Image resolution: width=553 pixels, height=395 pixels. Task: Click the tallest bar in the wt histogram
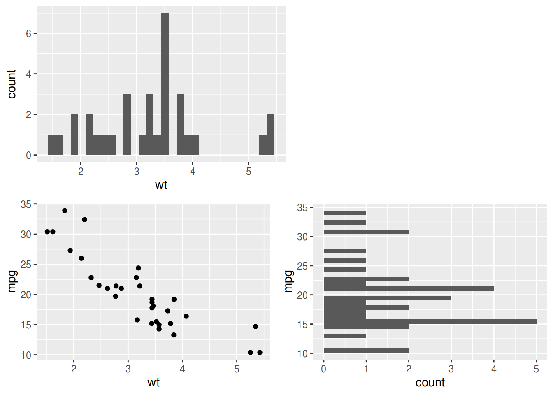pyautogui.click(x=165, y=84)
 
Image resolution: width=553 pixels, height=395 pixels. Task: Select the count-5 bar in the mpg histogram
pyautogui.click(x=430, y=322)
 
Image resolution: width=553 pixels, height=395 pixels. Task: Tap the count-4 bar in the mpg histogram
pyautogui.click(x=409, y=288)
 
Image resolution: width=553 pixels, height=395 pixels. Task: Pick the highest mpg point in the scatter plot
pyautogui.click(x=65, y=211)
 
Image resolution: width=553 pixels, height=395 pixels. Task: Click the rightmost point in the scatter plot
pyautogui.click(x=260, y=352)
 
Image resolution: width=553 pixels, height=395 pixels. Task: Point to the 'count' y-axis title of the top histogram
pyautogui.click(x=12, y=84)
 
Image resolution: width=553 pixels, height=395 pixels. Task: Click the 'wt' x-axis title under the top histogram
pyautogui.click(x=161, y=185)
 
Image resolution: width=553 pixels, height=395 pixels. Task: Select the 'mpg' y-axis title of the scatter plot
pyautogui.click(x=12, y=281)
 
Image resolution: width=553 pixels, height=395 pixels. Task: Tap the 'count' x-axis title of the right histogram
pyautogui.click(x=430, y=383)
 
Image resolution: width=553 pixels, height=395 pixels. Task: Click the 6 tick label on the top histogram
pyautogui.click(x=28, y=34)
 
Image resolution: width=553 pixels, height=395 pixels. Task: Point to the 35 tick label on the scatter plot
pyautogui.click(x=26, y=204)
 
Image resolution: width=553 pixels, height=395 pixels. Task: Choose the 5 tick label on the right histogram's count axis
pyautogui.click(x=536, y=369)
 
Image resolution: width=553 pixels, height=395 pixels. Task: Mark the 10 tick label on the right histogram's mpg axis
pyautogui.click(x=302, y=354)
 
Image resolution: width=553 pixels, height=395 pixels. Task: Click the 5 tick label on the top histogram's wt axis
pyautogui.click(x=249, y=172)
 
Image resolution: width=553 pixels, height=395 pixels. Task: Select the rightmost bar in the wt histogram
pyautogui.click(x=270, y=135)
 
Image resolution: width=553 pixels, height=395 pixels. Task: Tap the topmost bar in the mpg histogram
pyautogui.click(x=345, y=213)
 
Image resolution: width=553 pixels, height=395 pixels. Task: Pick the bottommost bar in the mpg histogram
pyautogui.click(x=366, y=350)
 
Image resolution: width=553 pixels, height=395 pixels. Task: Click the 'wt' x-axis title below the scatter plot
pyautogui.click(x=153, y=383)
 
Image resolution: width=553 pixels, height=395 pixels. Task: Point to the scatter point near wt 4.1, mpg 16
pyautogui.click(x=186, y=316)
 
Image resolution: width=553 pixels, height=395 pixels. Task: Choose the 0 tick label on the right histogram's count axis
pyautogui.click(x=324, y=369)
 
